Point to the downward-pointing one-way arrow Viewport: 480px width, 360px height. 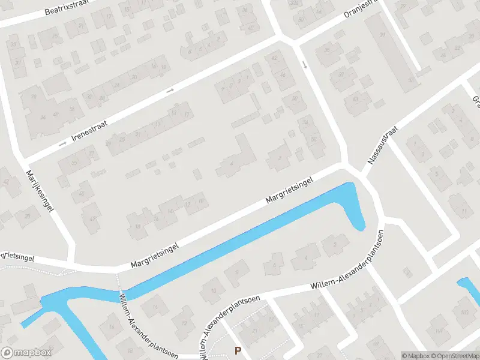click(305, 64)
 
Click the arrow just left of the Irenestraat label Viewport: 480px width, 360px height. click(62, 145)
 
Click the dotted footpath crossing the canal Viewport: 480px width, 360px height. click(119, 282)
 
